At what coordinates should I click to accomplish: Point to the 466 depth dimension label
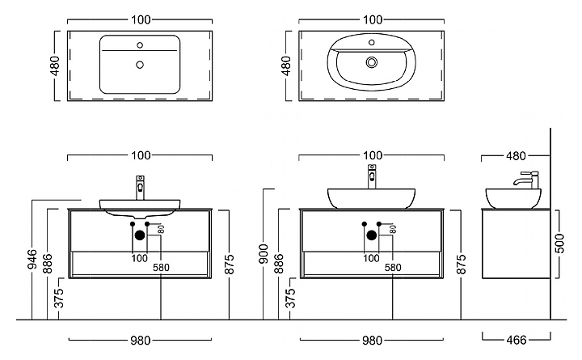click(x=514, y=340)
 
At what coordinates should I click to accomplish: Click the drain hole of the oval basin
click(x=372, y=61)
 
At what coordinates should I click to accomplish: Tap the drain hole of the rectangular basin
click(x=139, y=63)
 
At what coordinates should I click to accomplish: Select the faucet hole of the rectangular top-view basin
click(x=139, y=44)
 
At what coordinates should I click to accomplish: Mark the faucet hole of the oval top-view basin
click(x=372, y=41)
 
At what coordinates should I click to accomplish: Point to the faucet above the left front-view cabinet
click(x=140, y=186)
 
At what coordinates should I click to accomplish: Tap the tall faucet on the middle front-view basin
click(x=372, y=176)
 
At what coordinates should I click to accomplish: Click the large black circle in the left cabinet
click(x=139, y=235)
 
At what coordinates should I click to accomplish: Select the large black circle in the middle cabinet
click(x=371, y=235)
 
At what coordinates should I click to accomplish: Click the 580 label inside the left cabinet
click(x=162, y=268)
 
